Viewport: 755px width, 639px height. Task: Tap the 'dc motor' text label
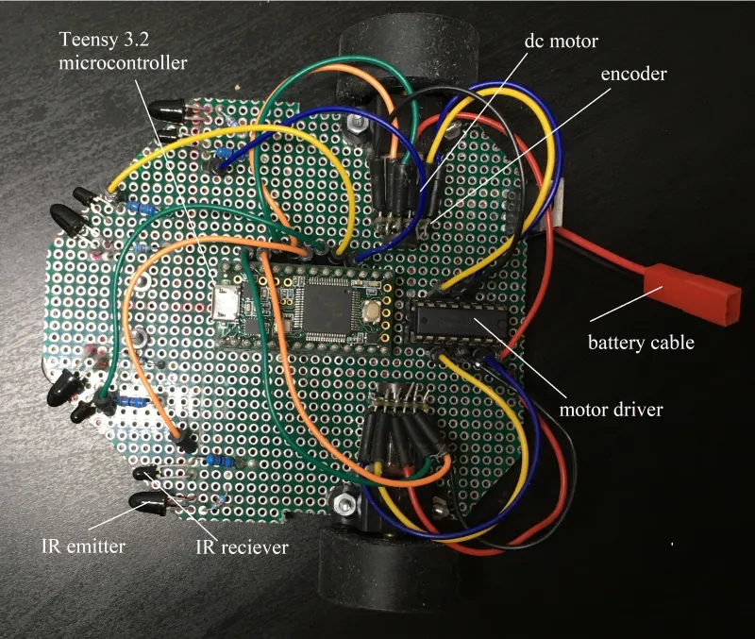point(563,42)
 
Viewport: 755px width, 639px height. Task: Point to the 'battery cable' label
point(641,342)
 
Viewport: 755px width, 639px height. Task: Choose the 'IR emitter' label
point(84,545)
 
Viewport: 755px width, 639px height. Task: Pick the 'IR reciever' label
point(241,547)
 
